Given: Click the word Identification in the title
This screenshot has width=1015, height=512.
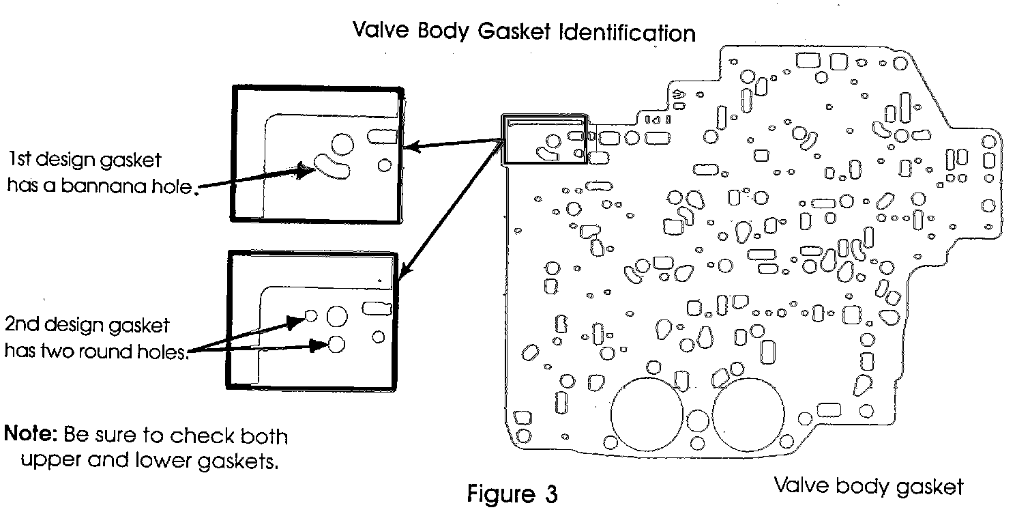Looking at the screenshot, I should [x=628, y=33].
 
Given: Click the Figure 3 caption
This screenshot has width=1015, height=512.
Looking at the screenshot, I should [x=512, y=493].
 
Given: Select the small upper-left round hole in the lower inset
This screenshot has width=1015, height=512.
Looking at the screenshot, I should [x=311, y=315].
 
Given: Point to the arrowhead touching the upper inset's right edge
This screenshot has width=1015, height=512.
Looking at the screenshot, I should [x=409, y=146].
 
